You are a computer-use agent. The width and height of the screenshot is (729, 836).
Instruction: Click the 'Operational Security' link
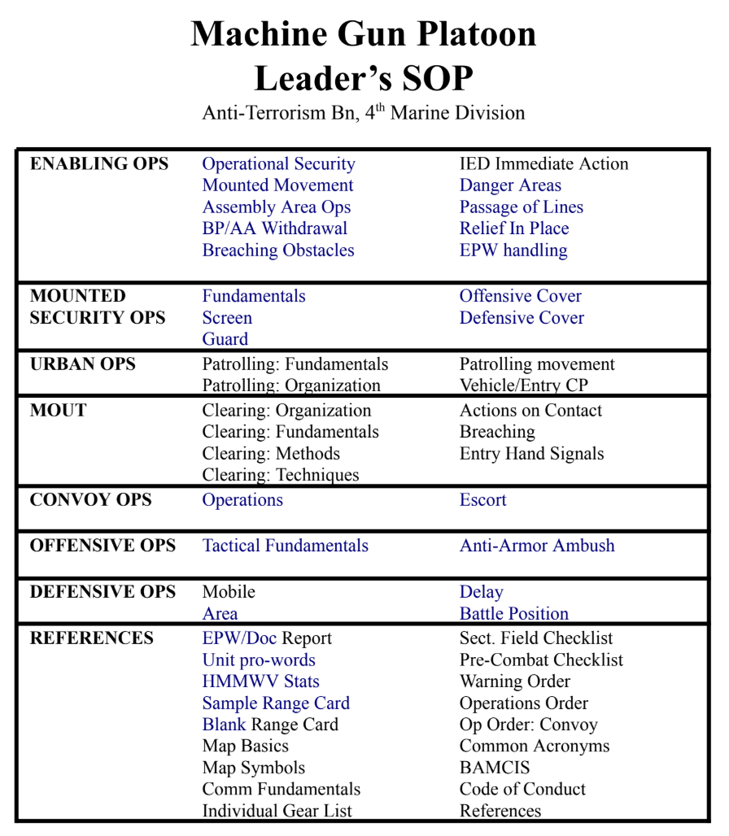click(278, 164)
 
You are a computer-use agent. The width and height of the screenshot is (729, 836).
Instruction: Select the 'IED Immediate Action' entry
click(543, 164)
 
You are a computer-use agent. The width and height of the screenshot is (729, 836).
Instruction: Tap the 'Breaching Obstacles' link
click(278, 250)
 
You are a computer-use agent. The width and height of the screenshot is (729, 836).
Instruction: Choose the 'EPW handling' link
click(513, 250)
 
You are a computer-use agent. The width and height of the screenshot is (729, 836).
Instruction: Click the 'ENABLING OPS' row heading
click(99, 164)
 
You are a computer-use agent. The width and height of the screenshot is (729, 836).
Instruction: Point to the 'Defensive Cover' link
click(522, 318)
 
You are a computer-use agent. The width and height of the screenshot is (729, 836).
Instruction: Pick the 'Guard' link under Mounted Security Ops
click(225, 339)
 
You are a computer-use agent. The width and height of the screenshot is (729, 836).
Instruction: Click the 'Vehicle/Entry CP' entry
click(523, 385)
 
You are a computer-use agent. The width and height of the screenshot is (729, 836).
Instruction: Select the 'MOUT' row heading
click(58, 411)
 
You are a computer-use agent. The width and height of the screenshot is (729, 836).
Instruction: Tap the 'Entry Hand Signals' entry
click(531, 454)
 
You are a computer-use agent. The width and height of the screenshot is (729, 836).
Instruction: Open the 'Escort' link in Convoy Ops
click(482, 500)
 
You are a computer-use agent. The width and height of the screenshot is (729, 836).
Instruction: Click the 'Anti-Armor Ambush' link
click(537, 546)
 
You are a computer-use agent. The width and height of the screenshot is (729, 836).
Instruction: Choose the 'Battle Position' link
click(514, 614)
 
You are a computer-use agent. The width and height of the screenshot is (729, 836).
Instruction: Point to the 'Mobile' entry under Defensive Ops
click(229, 592)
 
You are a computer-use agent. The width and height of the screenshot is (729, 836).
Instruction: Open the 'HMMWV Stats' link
click(260, 681)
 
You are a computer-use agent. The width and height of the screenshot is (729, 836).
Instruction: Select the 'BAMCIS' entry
click(495, 768)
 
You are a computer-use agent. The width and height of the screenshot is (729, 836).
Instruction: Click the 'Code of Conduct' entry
click(522, 789)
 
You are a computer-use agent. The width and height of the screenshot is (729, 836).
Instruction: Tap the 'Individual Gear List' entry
click(277, 811)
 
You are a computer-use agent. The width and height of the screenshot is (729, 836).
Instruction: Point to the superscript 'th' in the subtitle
click(380, 107)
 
